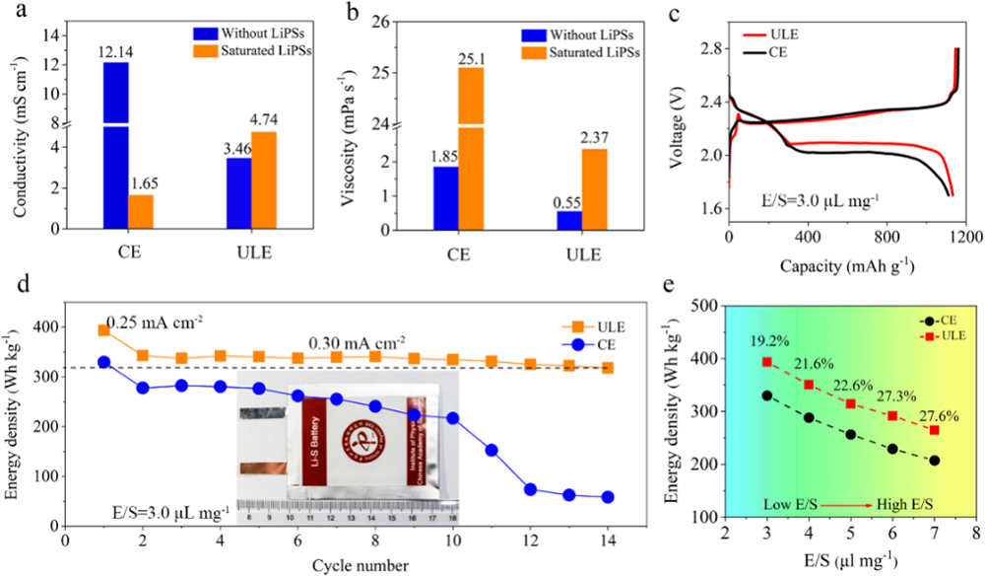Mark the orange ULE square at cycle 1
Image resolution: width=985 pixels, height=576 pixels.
[103, 330]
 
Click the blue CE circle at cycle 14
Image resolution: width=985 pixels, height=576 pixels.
[608, 497]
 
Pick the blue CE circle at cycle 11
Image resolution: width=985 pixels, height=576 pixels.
[491, 450]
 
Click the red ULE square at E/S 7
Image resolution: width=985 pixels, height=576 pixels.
[934, 430]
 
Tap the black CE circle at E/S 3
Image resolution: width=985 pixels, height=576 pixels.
[766, 396]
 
